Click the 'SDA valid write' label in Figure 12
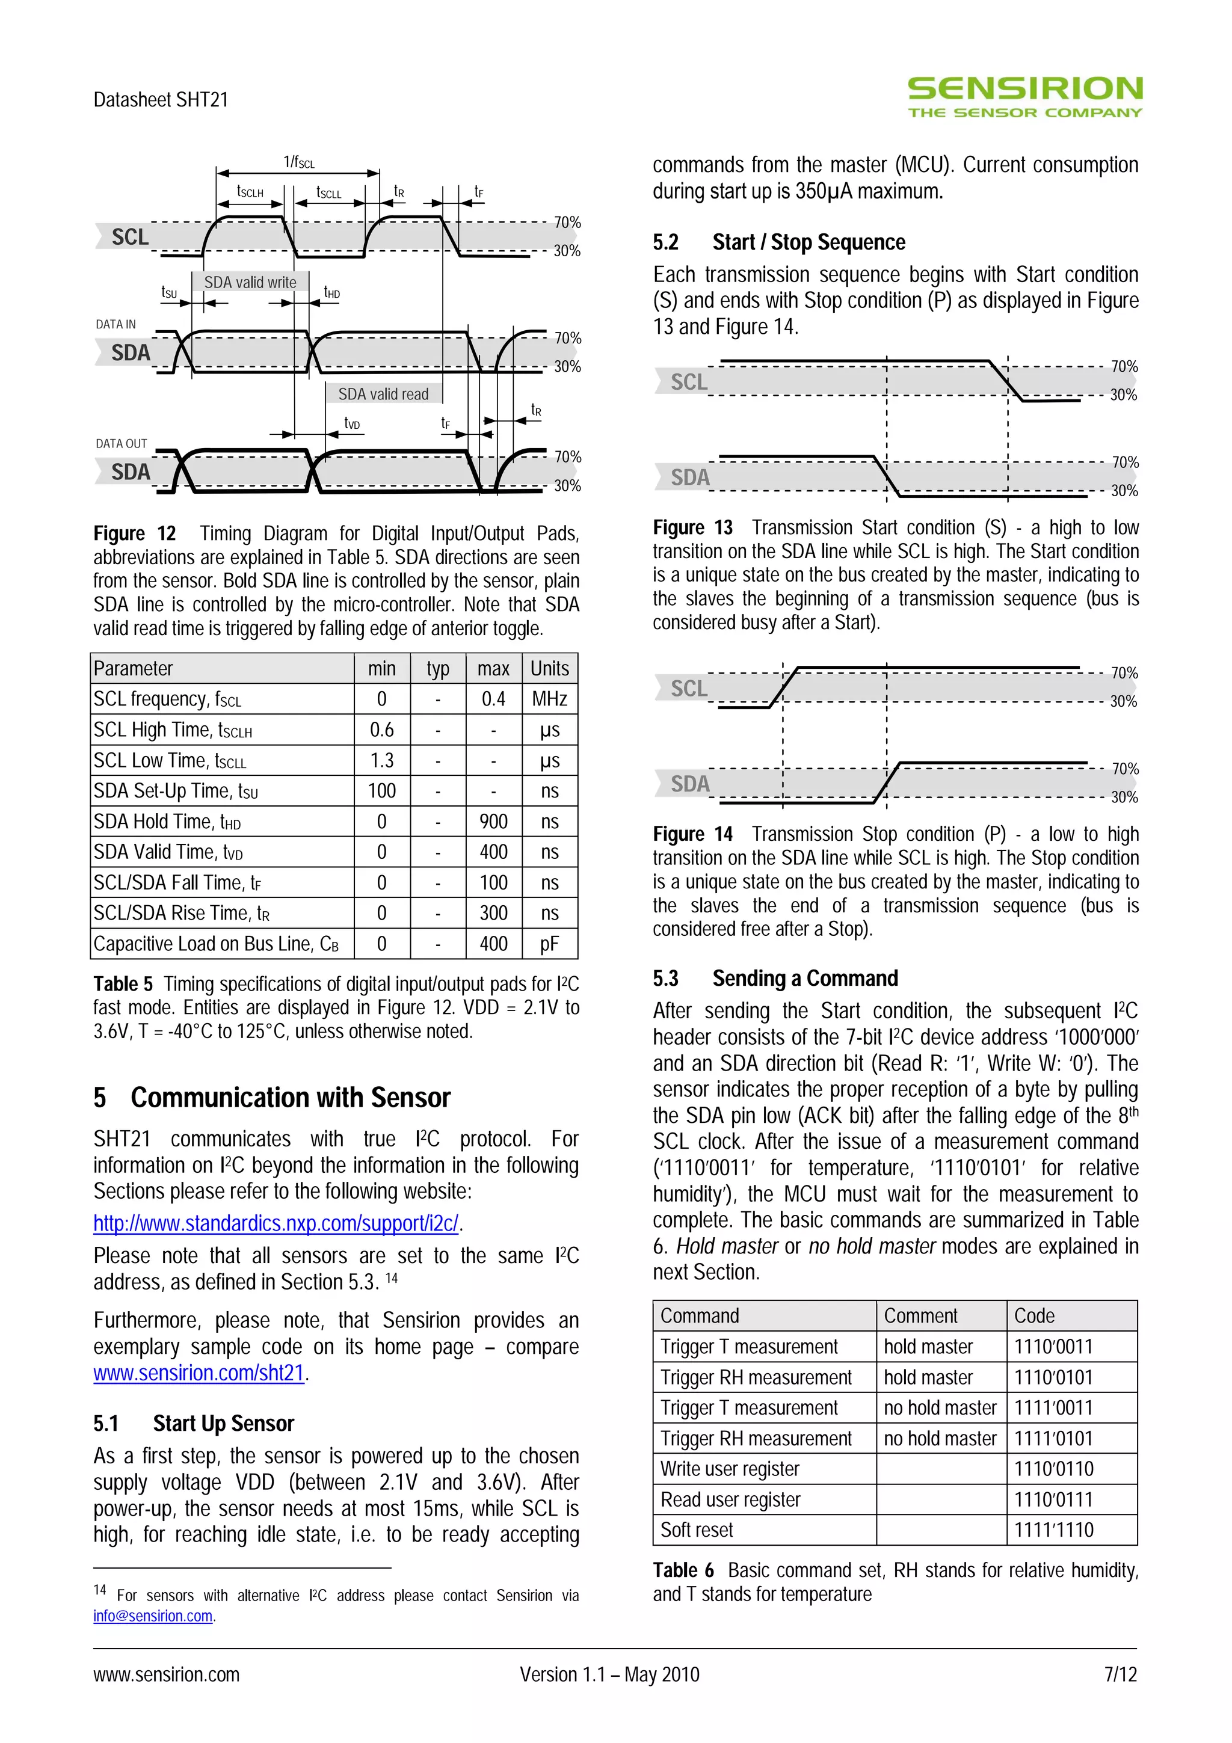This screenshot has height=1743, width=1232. [250, 283]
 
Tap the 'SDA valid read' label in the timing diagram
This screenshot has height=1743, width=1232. [383, 394]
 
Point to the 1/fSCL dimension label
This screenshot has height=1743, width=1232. [298, 162]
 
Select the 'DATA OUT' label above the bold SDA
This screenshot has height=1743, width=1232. [122, 443]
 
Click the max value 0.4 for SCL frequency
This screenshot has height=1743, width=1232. [493, 698]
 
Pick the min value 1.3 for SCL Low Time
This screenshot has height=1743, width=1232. [382, 760]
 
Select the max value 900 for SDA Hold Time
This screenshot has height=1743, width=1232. [493, 822]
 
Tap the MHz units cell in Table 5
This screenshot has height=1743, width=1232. [550, 698]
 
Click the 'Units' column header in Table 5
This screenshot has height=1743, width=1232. [550, 668]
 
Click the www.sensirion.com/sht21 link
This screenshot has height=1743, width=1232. [199, 1373]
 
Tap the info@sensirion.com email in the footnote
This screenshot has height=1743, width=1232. [153, 1615]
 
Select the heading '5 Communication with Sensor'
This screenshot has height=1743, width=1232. [272, 1098]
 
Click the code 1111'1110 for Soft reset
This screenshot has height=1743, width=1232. [1053, 1529]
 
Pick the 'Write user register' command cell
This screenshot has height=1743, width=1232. [730, 1468]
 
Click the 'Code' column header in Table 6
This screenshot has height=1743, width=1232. [1035, 1315]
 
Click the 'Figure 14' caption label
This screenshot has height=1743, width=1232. [692, 834]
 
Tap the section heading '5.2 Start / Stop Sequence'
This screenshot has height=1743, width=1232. [779, 242]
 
